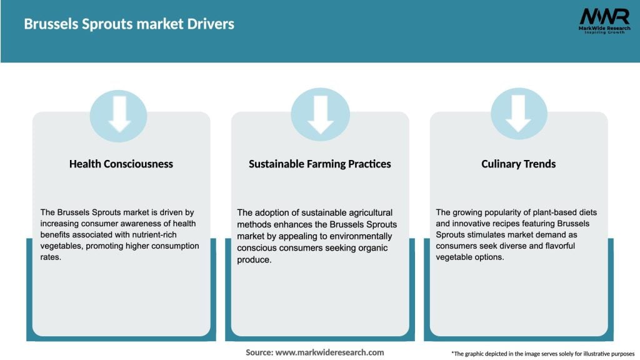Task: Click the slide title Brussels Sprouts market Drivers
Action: (129, 24)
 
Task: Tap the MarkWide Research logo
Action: (604, 21)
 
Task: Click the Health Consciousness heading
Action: (121, 164)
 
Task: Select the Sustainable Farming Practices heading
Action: (320, 164)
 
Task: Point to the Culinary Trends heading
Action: (518, 164)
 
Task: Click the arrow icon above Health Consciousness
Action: (119, 114)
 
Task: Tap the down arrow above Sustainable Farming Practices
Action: (321, 115)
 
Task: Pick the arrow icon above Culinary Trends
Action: (518, 114)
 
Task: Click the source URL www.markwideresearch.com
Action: (329, 352)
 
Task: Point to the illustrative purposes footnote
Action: (543, 354)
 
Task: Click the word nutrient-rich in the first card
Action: (154, 235)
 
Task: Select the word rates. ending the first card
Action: (51, 257)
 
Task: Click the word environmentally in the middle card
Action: (361, 236)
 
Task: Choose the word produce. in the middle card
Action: (254, 260)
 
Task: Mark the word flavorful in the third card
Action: (560, 246)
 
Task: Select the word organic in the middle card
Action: (373, 248)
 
